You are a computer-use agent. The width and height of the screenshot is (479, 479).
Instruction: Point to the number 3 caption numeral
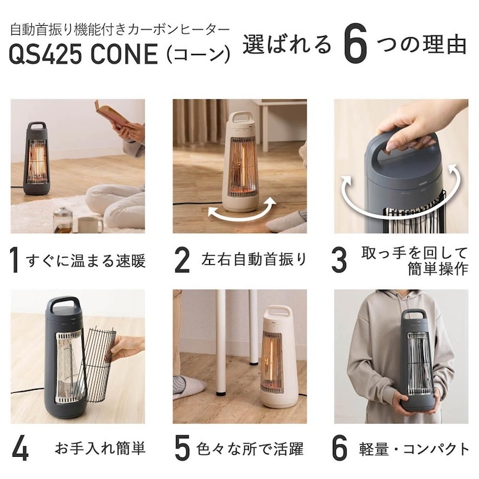click(x=339, y=259)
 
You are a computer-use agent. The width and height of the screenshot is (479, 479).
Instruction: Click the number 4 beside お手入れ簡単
click(x=20, y=449)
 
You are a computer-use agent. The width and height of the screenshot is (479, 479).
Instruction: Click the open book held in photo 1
click(x=111, y=113)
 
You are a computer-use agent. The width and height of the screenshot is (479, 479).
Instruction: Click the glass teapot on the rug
click(x=62, y=220)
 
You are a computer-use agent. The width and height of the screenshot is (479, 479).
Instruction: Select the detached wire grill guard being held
click(x=96, y=359)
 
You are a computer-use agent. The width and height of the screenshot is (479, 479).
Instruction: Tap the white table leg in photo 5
click(x=221, y=342)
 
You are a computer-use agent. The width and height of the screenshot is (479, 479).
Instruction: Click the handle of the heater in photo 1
click(x=37, y=128)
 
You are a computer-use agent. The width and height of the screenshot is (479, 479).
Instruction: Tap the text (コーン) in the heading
click(x=197, y=56)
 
